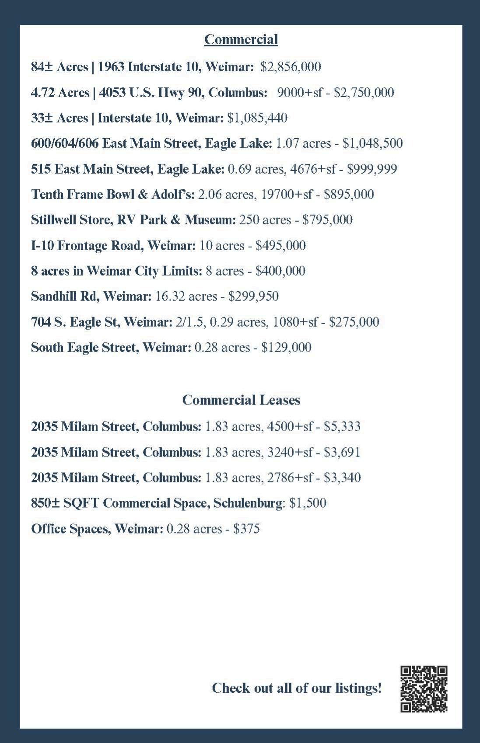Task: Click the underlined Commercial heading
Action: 241,40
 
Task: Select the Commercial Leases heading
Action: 241,400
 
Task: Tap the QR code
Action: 424,689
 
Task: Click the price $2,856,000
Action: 291,67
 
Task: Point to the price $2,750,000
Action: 364,93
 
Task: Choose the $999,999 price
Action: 372,169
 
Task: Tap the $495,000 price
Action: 280,246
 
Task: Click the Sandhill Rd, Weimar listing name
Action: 91,297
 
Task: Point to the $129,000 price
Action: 286,348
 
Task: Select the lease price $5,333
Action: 342,426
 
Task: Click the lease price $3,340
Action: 342,478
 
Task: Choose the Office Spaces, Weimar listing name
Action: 97,529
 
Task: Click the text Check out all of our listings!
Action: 297,688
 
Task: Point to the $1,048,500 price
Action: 372,143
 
